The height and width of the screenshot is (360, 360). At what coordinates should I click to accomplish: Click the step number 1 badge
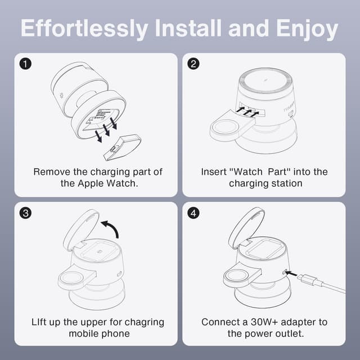pos(25,64)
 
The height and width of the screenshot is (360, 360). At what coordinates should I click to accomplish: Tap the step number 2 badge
pos(193,64)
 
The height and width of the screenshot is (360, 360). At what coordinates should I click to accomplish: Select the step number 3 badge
pos(25,213)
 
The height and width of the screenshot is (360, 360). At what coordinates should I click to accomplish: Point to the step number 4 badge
pos(193,213)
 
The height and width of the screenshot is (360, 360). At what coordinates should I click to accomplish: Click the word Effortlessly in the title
pos(84,29)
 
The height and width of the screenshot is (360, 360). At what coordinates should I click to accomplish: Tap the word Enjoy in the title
pos(307,29)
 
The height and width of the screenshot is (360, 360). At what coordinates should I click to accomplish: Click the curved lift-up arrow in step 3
pos(111,228)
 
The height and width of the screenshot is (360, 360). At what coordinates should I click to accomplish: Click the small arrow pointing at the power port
pos(291,273)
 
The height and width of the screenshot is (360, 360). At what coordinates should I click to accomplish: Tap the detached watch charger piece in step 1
pos(123,147)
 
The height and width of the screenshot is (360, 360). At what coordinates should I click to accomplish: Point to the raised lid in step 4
pos(246,228)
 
